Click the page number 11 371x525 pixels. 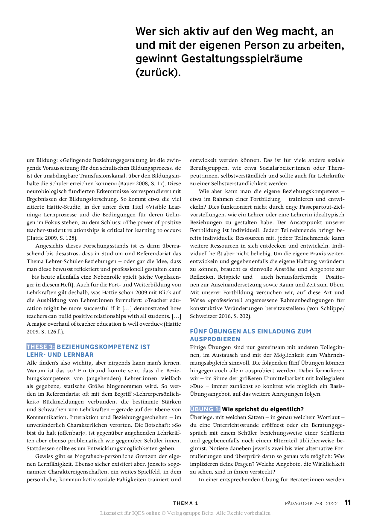[347, 503]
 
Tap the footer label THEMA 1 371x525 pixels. [185, 503]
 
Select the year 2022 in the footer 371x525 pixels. [332, 503]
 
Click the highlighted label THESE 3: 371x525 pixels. [41, 347]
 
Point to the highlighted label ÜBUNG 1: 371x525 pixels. [205, 409]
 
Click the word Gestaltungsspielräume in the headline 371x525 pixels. [242, 58]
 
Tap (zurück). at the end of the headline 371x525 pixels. [158, 72]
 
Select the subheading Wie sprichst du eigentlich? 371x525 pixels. [263, 409]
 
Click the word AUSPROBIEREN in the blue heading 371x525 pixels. [215, 339]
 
